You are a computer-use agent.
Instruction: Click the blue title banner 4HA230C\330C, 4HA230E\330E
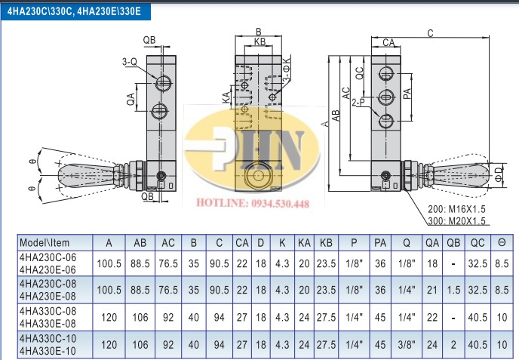(x=75, y=11)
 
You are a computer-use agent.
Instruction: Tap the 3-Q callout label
(x=130, y=62)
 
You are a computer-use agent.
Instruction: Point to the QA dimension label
(x=131, y=99)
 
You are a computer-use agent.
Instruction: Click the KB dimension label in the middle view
(x=259, y=42)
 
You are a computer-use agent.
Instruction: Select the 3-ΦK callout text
(x=287, y=69)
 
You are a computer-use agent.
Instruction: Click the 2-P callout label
(x=358, y=103)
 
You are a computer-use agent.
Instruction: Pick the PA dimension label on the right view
(x=407, y=94)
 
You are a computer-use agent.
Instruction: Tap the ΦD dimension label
(x=499, y=174)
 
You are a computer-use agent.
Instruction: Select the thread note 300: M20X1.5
(x=457, y=220)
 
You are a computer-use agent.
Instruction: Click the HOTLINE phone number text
(x=253, y=203)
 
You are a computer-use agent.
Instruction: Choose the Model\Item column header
(x=45, y=243)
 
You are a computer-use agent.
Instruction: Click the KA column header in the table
(x=304, y=243)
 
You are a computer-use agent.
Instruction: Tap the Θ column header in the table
(x=502, y=243)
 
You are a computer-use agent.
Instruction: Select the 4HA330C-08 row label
(x=48, y=311)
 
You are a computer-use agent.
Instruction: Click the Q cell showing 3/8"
(x=407, y=345)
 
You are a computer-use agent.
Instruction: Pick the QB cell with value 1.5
(x=453, y=290)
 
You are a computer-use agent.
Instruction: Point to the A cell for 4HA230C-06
(x=109, y=263)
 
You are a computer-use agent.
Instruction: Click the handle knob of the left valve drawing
(x=86, y=174)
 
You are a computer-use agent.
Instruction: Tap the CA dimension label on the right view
(x=388, y=42)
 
